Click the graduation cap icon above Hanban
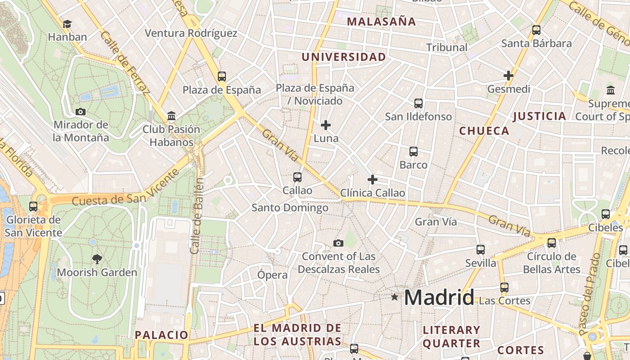(67, 24)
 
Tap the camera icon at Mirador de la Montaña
(81, 112)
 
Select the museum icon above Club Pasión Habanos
(171, 116)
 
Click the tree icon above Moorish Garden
(97, 259)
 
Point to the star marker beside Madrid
(395, 297)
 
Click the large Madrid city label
(439, 297)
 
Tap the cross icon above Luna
(326, 125)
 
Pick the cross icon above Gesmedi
(508, 76)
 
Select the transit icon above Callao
(297, 177)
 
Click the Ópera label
(272, 275)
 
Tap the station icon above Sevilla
(481, 250)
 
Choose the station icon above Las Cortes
(504, 287)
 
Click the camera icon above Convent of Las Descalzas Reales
(338, 243)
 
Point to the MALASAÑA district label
(381, 21)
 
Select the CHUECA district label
(484, 131)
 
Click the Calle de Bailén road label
(197, 216)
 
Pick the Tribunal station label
(447, 47)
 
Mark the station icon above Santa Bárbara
(536, 30)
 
